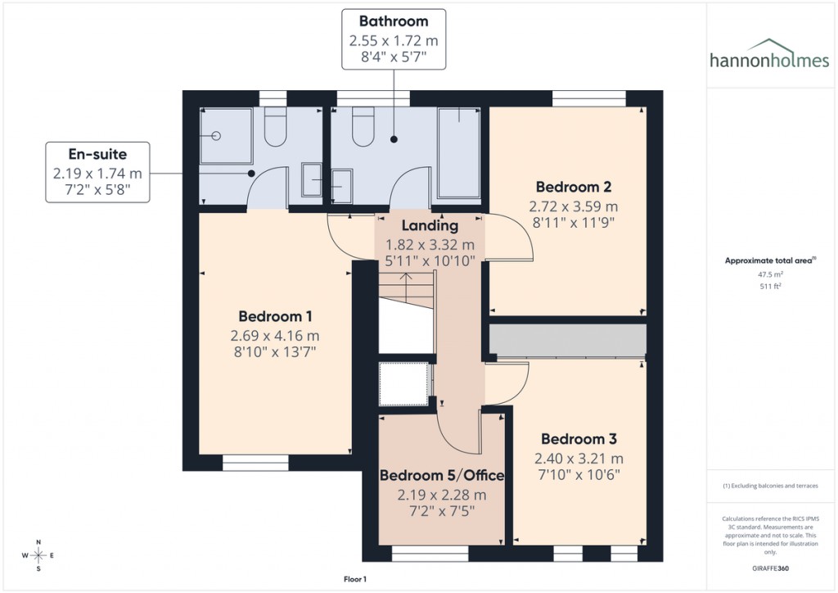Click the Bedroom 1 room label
point(276,316)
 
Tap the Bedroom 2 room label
point(574,186)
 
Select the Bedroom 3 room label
point(579,438)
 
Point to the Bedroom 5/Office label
point(442,475)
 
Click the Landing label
point(430,225)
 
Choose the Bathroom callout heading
point(393,21)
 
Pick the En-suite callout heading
point(97,153)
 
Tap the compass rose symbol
point(38,556)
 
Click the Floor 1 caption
point(355,579)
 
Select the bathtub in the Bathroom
point(461,153)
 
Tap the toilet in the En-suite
point(275,129)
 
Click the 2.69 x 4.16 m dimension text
point(275,335)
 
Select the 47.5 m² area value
point(769,275)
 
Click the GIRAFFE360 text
point(769,568)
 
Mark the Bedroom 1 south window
point(255,464)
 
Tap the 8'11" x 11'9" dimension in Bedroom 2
point(574,221)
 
